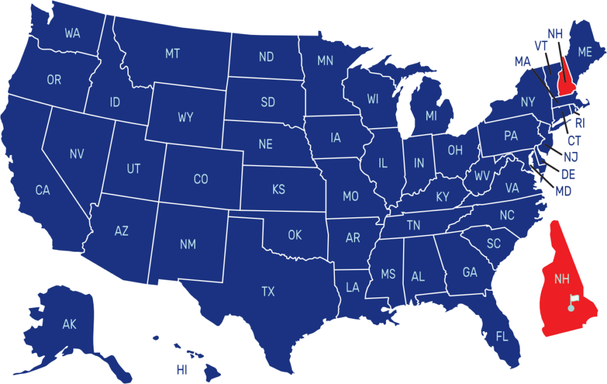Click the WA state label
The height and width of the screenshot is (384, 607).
[72, 33]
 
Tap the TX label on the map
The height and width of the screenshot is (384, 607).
[268, 291]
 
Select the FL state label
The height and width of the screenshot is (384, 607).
[502, 337]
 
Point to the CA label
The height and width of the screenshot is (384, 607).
[43, 191]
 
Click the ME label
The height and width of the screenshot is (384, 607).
[585, 52]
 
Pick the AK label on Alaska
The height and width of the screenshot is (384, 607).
[69, 324]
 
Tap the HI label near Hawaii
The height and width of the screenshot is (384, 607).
[181, 370]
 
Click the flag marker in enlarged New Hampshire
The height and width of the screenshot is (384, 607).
[572, 303]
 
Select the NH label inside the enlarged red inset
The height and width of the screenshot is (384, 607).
[561, 278]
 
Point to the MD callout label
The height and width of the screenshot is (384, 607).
[563, 192]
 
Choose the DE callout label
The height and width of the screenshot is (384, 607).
[568, 174]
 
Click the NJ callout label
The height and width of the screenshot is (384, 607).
[571, 157]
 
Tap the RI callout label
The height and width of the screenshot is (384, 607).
[580, 123]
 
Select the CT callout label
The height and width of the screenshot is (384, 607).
[574, 141]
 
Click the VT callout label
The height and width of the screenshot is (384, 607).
[541, 46]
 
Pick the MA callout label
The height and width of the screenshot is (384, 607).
[522, 61]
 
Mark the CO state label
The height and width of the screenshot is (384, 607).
[201, 179]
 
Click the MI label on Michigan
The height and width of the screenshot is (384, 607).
[431, 116]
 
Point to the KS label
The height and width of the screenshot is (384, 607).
[279, 190]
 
